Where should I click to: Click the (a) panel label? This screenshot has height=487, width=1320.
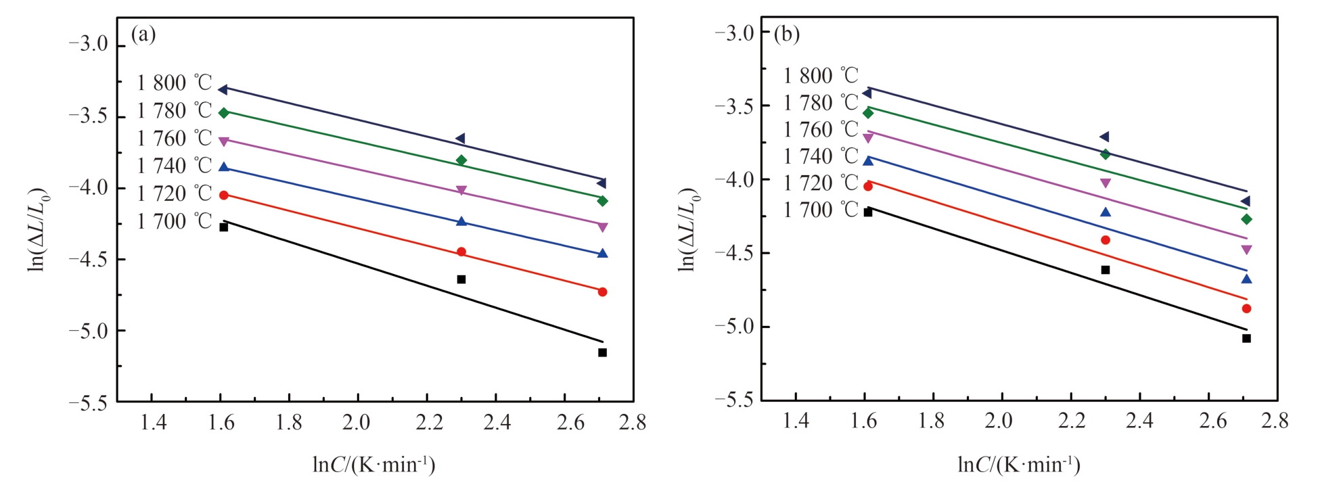pos(143,34)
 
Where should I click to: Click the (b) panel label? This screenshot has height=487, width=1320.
pos(787,34)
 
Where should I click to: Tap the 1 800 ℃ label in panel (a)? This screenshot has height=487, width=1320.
pos(174,83)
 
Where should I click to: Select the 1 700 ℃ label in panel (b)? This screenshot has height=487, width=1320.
pos(820,210)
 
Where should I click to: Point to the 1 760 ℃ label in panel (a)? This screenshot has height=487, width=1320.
pos(174,139)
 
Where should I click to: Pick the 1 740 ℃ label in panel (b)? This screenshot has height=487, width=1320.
pos(820,156)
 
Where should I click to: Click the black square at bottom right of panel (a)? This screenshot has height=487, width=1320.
pos(602,352)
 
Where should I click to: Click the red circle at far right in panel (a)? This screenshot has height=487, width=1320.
pos(602,292)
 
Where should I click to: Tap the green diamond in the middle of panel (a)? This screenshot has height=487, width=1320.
pos(461,160)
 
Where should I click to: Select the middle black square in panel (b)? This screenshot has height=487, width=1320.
pos(1106,270)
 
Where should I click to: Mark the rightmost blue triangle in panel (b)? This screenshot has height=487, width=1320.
pos(1246,279)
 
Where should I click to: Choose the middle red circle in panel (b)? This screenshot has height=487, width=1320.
pos(1106,240)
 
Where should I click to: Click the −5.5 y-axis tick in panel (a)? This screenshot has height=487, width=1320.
pos(89,402)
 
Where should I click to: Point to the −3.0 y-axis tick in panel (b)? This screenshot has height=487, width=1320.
pos(735,32)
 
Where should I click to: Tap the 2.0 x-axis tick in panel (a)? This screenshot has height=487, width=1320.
pos(357,423)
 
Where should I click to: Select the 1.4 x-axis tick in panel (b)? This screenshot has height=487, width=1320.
pos(796,421)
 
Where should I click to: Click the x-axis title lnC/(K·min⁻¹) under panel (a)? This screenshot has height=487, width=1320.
pos(373,465)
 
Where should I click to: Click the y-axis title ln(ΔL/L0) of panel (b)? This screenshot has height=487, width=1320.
pos(688,230)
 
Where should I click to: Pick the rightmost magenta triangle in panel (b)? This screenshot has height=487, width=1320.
pos(1246,250)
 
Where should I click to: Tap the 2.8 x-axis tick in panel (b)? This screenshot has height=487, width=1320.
pos(1275,421)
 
